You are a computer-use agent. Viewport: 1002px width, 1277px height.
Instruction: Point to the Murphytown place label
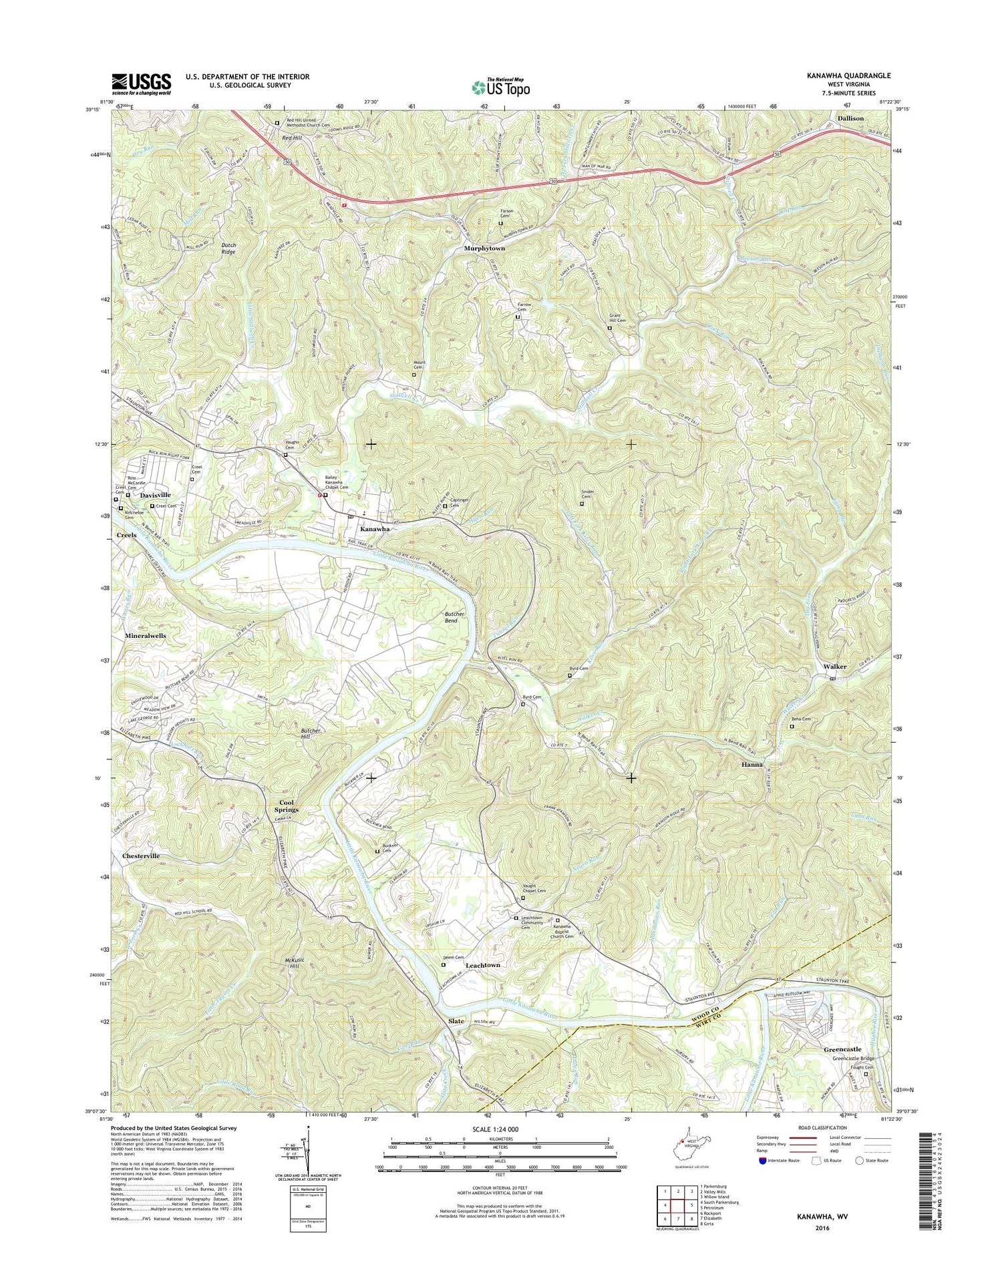[485, 248]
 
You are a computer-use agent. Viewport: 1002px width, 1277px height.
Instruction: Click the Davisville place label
[155, 495]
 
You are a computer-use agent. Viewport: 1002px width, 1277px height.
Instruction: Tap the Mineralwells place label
[145, 636]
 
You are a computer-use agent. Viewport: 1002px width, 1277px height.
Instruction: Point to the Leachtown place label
[482, 965]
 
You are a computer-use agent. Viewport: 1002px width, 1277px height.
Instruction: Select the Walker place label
[835, 667]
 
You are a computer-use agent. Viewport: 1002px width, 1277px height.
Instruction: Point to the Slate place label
[456, 1022]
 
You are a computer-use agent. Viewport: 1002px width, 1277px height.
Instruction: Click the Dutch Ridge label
[228, 248]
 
